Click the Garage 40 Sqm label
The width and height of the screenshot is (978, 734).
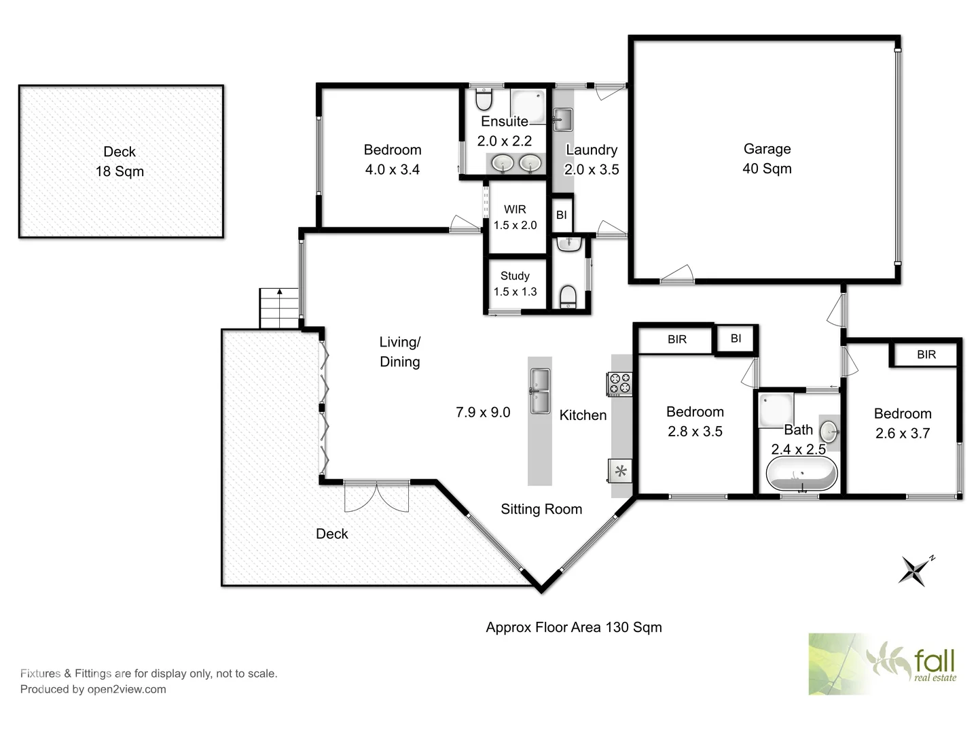coord(767,158)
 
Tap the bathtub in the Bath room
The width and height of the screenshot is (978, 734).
coord(801,474)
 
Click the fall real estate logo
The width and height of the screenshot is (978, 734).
coord(882,663)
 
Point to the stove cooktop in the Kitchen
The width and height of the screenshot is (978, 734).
coord(619,384)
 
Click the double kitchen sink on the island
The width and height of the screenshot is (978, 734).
coord(540,391)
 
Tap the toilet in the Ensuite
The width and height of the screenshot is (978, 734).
coord(484,101)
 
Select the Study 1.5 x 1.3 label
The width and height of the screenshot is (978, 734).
coord(515,283)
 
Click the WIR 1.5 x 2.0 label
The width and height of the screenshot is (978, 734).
coord(515,217)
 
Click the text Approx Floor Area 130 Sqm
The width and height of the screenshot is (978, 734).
coord(573,627)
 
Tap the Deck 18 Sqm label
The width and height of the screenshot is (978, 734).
coord(120,161)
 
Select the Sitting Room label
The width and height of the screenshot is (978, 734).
coord(541,509)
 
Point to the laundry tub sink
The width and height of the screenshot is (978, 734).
coord(562,120)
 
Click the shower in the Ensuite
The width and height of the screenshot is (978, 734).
coord(528,107)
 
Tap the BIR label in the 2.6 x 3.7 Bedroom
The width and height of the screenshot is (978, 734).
coord(926,354)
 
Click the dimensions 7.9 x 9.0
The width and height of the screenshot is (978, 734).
coord(483,412)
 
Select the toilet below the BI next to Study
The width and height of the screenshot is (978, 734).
coord(568,296)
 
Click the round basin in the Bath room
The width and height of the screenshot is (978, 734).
coord(829,431)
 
